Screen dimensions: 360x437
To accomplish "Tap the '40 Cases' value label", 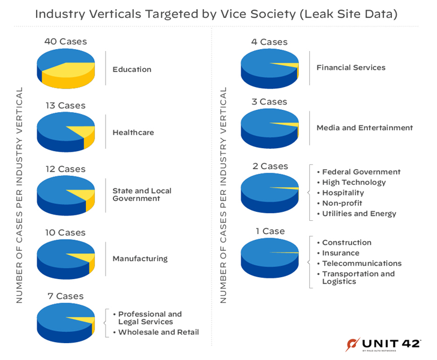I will click(x=65, y=41).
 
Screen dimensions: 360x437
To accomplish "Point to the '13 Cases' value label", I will click(x=65, y=106).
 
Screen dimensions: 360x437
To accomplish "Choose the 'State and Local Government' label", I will click(x=142, y=194).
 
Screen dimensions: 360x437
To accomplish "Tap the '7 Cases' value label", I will click(x=65, y=296).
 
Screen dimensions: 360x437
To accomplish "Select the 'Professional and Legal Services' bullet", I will click(x=149, y=317).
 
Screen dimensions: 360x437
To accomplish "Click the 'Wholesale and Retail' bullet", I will click(x=158, y=332).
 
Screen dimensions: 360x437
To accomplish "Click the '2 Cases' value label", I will click(x=270, y=166).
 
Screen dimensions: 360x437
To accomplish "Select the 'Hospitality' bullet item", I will click(x=343, y=193).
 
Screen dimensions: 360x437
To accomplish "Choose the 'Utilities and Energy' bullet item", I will click(x=359, y=214).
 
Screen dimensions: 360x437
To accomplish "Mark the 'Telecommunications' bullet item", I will click(x=361, y=263).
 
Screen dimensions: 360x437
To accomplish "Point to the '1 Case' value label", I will click(x=270, y=231).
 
